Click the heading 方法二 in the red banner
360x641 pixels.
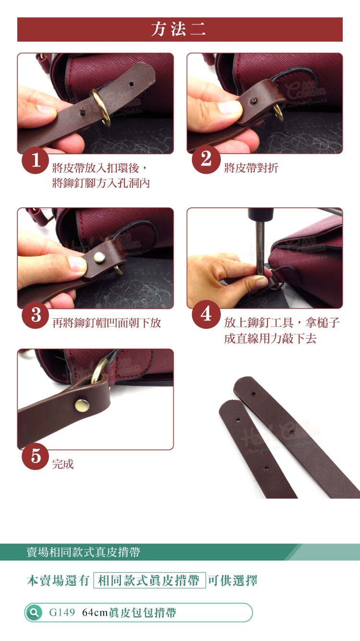click(x=179, y=29)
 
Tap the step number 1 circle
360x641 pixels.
click(x=35, y=160)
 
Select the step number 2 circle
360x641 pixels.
click(x=206, y=159)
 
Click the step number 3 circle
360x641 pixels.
click(x=35, y=315)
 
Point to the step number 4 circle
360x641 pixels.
click(x=206, y=314)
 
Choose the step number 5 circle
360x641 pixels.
click(x=35, y=456)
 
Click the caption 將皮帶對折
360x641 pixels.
click(x=251, y=168)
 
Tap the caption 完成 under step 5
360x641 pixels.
click(x=63, y=464)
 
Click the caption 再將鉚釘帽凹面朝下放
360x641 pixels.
click(x=107, y=323)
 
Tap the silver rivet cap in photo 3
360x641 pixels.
click(x=99, y=257)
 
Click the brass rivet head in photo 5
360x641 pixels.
click(x=82, y=406)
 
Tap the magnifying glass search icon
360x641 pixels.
click(x=34, y=612)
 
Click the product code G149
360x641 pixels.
click(x=62, y=612)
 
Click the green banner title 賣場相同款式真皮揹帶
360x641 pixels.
click(x=83, y=552)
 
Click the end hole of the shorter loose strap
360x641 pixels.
click(x=238, y=421)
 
